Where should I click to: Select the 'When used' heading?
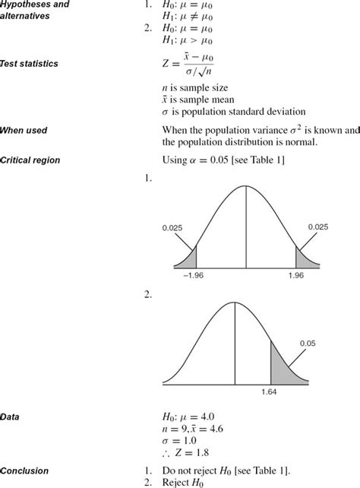point(25,131)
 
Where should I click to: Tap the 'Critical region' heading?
point(30,160)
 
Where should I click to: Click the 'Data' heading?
point(11,417)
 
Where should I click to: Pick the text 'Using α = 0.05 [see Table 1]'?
point(225,160)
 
